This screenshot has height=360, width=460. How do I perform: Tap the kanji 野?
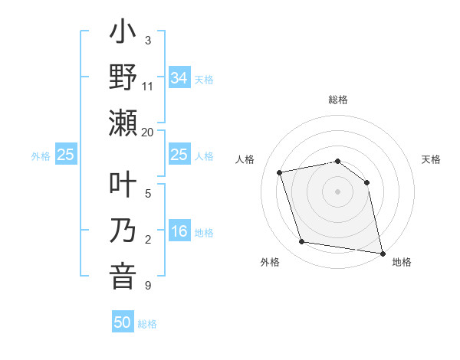[x=123, y=79]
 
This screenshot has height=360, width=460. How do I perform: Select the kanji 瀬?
[x=123, y=123]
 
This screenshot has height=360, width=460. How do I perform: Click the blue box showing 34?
[x=179, y=77]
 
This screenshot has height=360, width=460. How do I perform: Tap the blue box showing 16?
[x=179, y=232]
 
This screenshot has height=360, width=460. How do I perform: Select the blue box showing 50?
[x=123, y=322]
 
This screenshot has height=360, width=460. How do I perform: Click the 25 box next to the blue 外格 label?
[x=66, y=155]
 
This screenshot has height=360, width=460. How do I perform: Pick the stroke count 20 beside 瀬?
[x=148, y=132]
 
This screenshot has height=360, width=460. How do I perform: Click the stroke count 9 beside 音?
[x=147, y=286]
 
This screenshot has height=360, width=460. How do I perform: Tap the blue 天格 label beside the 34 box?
[x=204, y=79]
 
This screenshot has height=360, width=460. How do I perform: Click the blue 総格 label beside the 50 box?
[x=147, y=324]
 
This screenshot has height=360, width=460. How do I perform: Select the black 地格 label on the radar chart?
[x=402, y=262]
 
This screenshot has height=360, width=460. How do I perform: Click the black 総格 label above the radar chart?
[x=338, y=100]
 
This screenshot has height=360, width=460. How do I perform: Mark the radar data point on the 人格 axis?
[x=280, y=172]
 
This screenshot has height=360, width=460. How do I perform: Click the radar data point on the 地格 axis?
[x=381, y=252]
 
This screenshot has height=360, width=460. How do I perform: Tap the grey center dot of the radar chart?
[x=338, y=191]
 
